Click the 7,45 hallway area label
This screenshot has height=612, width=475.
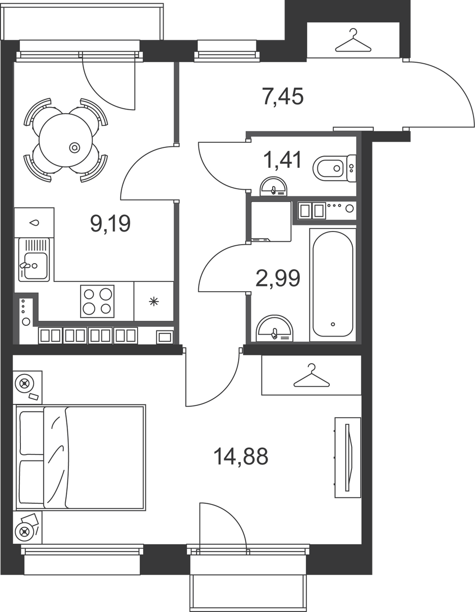(x=283, y=96)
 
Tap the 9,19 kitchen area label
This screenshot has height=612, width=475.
(x=111, y=223)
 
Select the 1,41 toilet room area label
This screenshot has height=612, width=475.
(x=282, y=160)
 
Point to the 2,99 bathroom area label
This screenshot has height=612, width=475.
(x=278, y=278)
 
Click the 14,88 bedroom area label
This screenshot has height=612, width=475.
(x=241, y=456)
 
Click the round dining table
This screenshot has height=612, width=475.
(x=66, y=140)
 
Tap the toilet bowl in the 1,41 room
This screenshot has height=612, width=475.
(x=334, y=168)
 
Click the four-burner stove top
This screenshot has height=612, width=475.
(x=97, y=301)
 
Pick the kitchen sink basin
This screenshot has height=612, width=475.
(x=34, y=260)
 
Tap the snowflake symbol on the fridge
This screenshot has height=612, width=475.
(x=153, y=301)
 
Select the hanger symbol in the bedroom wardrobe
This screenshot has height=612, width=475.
(x=311, y=375)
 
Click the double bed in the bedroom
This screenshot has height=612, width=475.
(x=81, y=457)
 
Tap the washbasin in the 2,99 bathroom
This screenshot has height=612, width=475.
(x=275, y=328)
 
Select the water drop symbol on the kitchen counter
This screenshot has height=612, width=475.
(x=34, y=223)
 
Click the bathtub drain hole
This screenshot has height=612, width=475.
(x=333, y=324)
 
